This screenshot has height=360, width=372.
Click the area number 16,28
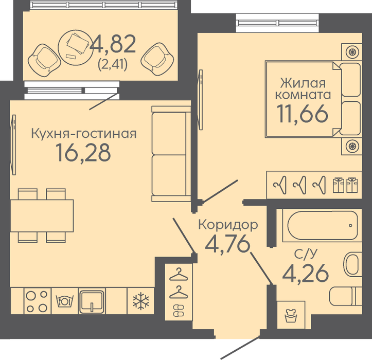tap(83, 153)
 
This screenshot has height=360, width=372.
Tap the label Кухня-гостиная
tap(84, 134)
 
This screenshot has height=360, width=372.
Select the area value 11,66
tap(303, 114)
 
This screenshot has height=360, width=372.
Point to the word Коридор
tap(228, 225)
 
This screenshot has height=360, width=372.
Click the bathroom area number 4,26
tap(306, 274)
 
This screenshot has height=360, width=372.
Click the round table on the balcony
tap(76, 47)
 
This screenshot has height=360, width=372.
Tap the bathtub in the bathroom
tap(322, 225)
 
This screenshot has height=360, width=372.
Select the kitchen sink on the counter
tap(92, 301)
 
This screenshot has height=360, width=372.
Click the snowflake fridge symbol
tap(140, 301)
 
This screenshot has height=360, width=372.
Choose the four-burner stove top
tap(37, 301)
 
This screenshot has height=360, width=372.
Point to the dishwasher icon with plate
tap(64, 301)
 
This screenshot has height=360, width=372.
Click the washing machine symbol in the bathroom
tap(291, 315)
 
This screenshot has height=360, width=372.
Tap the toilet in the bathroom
tap(346, 296)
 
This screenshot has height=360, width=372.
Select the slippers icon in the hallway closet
tap(179, 311)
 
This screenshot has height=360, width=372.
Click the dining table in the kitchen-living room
tap(42, 215)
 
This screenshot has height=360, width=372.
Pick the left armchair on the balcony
tap(44, 60)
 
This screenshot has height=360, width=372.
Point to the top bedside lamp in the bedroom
tap(352, 52)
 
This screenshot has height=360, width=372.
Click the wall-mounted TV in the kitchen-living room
tap(13, 145)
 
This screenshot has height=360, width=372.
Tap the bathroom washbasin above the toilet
tap(353, 264)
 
